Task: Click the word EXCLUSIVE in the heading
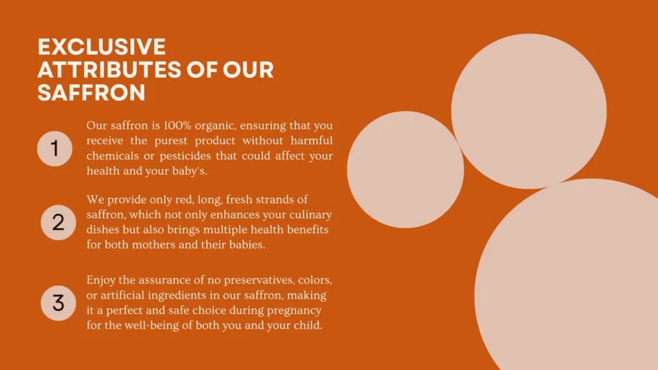click(102, 46)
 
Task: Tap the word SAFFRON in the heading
click(91, 92)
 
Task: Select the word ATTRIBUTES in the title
click(109, 69)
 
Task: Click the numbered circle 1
click(55, 148)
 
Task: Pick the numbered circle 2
click(58, 222)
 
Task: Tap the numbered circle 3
click(58, 303)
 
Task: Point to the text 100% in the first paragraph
click(177, 125)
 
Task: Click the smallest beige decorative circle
click(405, 170)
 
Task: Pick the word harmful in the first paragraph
click(312, 141)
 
